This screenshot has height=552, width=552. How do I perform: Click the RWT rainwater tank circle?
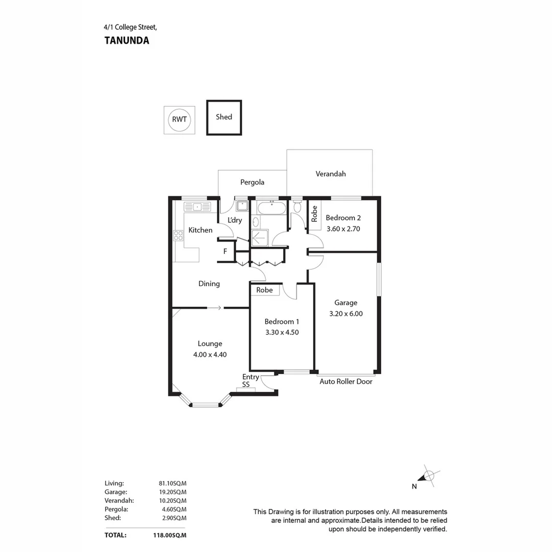click(x=179, y=120)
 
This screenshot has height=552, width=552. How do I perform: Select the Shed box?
click(x=224, y=118)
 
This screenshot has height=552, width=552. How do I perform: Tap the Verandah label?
click(x=330, y=174)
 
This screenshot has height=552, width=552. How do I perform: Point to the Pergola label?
click(x=252, y=182)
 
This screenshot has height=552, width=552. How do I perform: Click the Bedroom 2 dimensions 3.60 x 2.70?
click(x=343, y=229)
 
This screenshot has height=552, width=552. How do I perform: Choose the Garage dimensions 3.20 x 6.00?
click(x=346, y=314)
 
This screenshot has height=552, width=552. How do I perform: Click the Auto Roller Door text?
click(x=346, y=382)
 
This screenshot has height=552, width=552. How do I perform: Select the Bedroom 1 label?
click(x=282, y=321)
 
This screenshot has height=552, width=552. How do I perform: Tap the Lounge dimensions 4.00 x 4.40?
click(x=210, y=354)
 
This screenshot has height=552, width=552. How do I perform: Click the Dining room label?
click(x=209, y=284)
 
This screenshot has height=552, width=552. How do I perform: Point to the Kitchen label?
click(x=200, y=230)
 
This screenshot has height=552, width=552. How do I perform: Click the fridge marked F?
click(x=225, y=251)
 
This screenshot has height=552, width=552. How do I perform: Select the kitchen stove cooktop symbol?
click(x=178, y=236)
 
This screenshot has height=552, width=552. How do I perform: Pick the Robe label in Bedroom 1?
click(x=264, y=290)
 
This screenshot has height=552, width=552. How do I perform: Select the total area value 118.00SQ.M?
click(x=172, y=536)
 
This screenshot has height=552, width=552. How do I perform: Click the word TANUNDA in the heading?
click(x=127, y=41)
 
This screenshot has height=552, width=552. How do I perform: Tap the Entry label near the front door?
click(x=250, y=377)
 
